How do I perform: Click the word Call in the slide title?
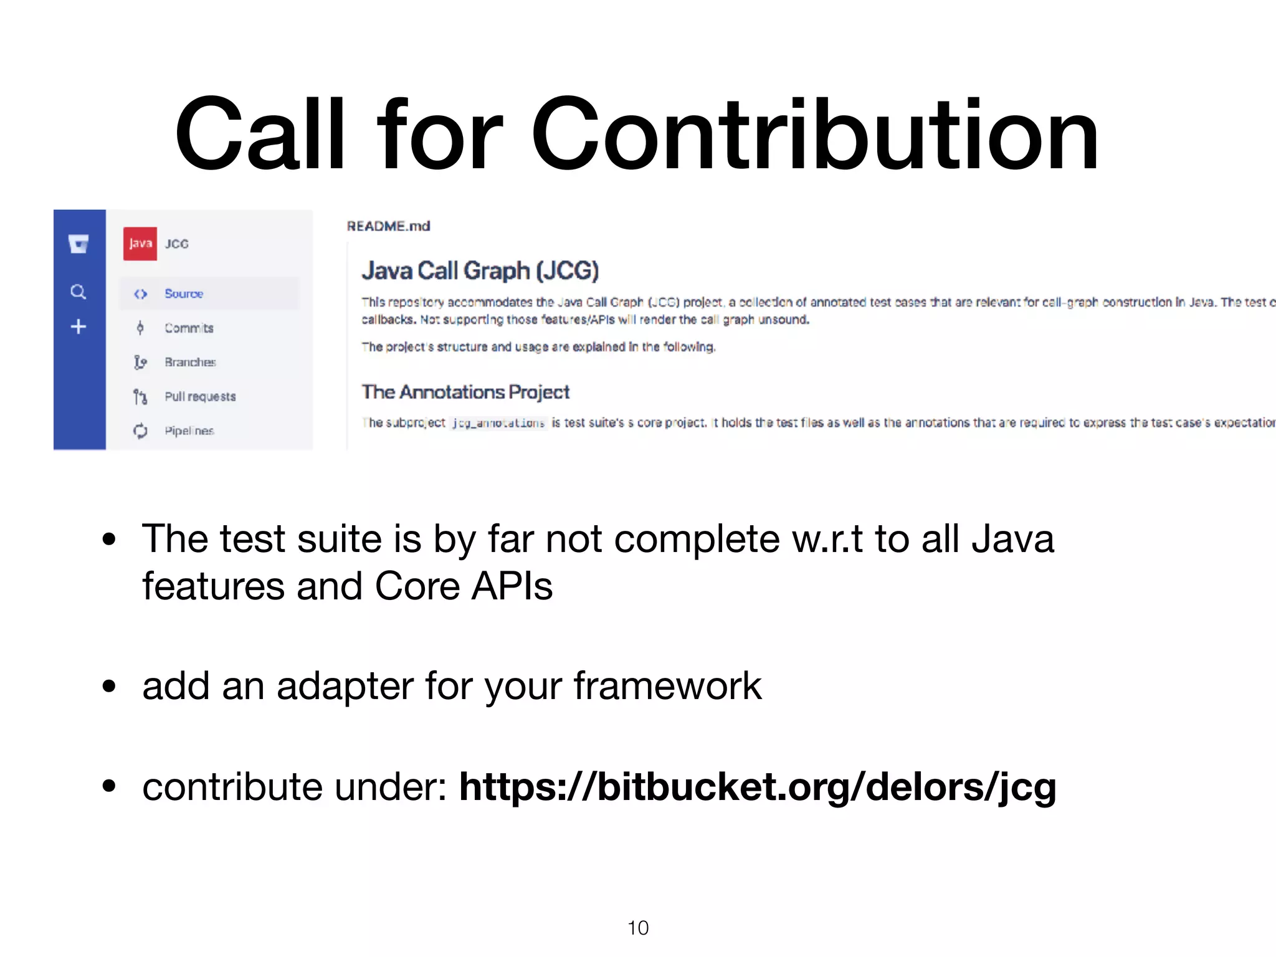[x=259, y=134]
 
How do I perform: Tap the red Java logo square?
[x=140, y=244]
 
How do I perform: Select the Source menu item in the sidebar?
[x=184, y=293]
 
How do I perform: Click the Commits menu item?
[x=189, y=328]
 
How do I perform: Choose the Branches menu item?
[x=190, y=362]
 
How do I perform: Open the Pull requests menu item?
[x=200, y=396]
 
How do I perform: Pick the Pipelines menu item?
[x=189, y=431]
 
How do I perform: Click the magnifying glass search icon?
[x=78, y=292]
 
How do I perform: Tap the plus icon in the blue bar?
[x=78, y=326]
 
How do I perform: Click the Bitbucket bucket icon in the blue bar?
[x=79, y=244]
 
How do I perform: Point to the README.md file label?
[x=388, y=226]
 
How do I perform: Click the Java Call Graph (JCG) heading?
[x=480, y=271]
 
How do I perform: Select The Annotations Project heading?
[x=465, y=392]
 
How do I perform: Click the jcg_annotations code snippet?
[x=498, y=423]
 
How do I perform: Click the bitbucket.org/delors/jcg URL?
[x=757, y=786]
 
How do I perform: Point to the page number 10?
[x=638, y=928]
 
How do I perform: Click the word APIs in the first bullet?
[x=512, y=586]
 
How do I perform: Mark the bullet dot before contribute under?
[x=110, y=786]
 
